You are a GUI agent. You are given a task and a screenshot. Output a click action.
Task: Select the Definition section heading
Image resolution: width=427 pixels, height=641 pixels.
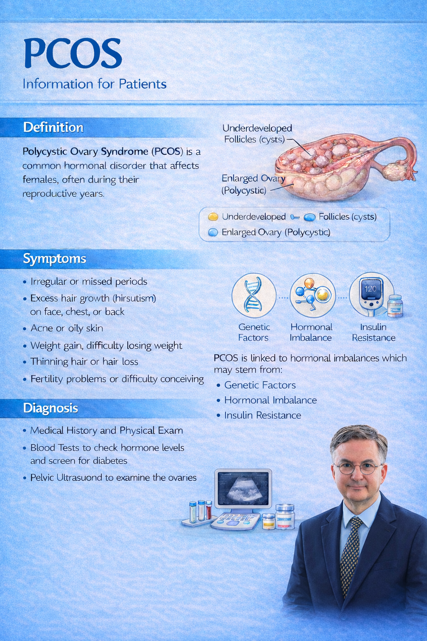(53, 127)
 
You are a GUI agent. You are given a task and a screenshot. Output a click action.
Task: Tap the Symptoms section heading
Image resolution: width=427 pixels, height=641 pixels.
(54, 259)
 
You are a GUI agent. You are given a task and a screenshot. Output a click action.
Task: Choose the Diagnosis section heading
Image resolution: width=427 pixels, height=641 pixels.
(50, 408)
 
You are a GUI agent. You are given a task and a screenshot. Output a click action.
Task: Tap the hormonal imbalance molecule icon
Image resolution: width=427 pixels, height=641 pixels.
(312, 295)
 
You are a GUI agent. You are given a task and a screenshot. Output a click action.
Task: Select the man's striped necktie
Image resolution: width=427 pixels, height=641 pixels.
(349, 551)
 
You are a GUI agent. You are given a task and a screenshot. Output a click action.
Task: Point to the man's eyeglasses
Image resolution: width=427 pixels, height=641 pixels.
(357, 468)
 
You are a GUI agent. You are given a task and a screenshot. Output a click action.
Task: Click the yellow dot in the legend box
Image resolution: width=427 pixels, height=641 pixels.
(213, 217)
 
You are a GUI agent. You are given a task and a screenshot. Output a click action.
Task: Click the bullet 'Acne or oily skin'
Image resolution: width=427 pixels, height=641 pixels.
(67, 328)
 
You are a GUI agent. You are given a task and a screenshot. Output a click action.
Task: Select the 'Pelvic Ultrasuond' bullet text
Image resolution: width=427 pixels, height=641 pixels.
(113, 477)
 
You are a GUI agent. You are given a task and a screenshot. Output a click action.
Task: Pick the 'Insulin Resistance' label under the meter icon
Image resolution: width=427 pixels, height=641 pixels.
(373, 333)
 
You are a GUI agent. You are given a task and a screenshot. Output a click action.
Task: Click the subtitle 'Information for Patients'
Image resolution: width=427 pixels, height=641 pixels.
(94, 84)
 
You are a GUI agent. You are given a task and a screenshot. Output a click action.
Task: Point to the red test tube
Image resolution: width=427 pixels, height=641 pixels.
(209, 510)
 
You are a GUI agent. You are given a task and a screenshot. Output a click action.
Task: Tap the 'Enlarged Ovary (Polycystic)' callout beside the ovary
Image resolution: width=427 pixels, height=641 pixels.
(253, 184)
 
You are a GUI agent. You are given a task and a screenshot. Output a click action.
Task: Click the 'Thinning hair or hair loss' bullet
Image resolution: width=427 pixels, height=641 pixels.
(84, 362)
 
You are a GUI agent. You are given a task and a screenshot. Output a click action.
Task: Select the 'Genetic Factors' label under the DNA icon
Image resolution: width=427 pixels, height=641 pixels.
(254, 333)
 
